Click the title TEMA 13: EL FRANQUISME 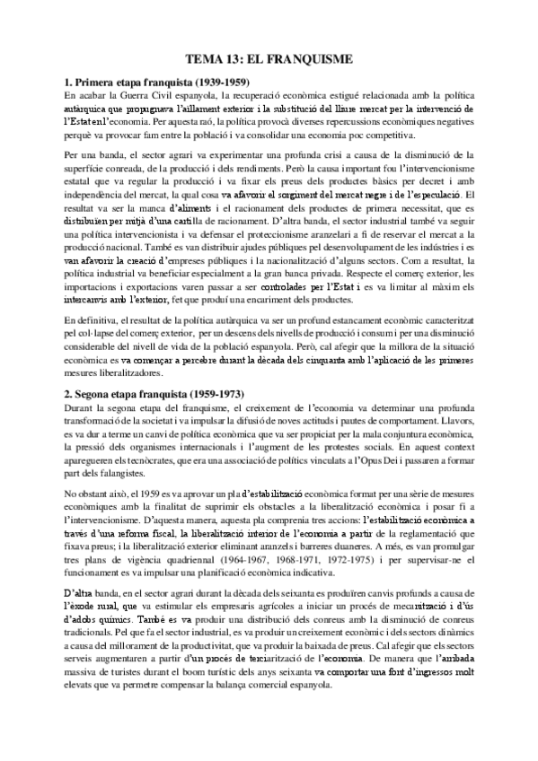(269, 59)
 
